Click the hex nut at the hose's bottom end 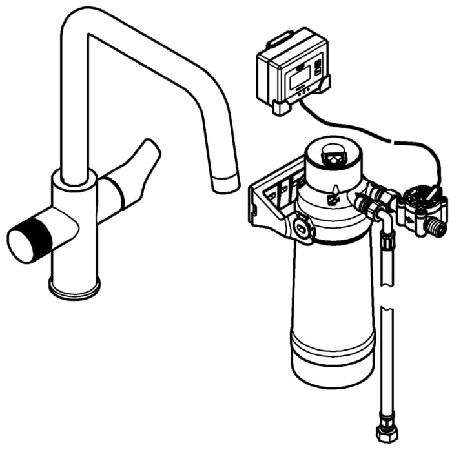coord(386,429)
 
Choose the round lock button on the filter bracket coord(302,227)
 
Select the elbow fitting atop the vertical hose coord(385,223)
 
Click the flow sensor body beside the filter coord(419,207)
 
